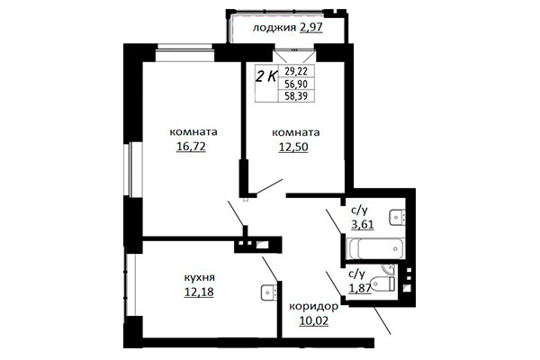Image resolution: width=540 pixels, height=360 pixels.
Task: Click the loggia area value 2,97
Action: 311,27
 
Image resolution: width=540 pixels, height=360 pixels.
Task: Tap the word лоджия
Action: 274,28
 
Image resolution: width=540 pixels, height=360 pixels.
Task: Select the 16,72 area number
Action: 191,147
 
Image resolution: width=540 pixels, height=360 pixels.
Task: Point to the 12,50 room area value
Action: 293,147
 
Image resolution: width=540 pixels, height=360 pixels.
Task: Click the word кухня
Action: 200,278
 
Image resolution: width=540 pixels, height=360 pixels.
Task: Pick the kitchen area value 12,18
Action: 199,292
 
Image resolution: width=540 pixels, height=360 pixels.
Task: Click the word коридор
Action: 314,307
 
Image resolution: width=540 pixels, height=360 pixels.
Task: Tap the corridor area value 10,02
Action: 314,320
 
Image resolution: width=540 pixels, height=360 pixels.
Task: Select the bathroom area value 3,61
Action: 363,225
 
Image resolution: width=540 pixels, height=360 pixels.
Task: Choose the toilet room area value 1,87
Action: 360,288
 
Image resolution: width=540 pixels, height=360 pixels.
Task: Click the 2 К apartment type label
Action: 265,76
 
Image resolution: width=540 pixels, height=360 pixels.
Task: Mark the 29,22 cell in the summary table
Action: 296,71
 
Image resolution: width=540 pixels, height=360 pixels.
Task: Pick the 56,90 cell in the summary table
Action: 296,84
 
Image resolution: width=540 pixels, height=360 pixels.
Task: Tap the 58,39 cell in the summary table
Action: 296,96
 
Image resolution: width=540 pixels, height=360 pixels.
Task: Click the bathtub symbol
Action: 376,248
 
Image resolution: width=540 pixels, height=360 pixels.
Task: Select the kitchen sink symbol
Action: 268,292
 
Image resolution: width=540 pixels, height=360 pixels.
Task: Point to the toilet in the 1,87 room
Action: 382,283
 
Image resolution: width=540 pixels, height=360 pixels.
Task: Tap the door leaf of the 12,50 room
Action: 270,186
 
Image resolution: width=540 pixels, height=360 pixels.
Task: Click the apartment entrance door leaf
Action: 382,319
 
